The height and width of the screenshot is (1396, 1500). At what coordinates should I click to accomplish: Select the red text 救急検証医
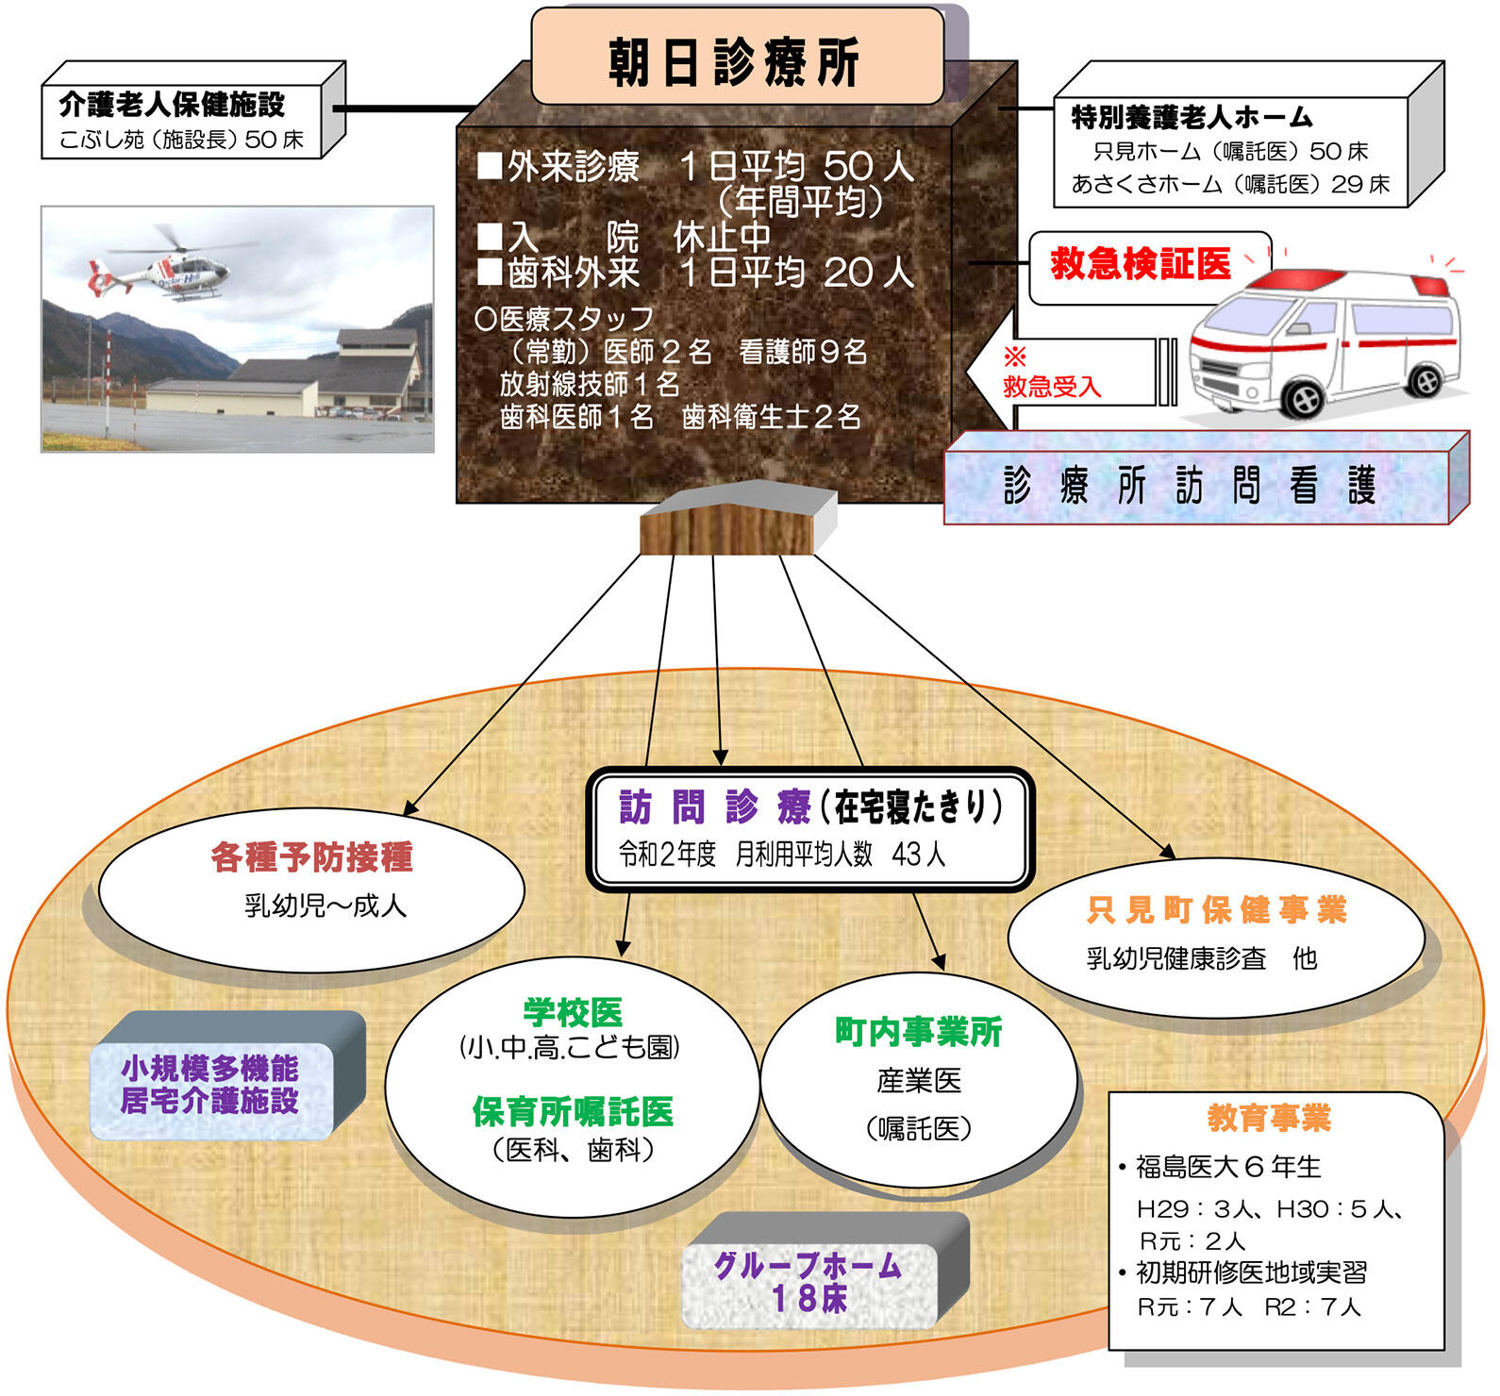[1141, 263]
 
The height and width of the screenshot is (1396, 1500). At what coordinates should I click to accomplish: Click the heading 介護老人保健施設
[172, 104]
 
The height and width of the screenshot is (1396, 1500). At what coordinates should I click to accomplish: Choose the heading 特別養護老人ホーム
[1192, 117]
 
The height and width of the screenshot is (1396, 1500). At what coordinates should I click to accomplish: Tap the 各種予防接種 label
[312, 856]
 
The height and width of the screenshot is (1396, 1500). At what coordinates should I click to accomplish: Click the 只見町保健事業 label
[1216, 909]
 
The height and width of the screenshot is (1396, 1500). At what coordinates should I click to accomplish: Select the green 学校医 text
[573, 1012]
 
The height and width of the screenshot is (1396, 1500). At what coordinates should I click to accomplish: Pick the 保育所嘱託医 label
[573, 1111]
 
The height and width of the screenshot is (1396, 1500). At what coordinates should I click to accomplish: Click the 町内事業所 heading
[919, 1032]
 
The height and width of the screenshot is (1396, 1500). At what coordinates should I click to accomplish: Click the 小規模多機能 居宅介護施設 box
[210, 1086]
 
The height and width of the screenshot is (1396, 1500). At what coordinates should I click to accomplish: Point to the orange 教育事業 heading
[1269, 1118]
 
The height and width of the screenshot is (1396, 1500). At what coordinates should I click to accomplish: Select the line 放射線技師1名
[590, 384]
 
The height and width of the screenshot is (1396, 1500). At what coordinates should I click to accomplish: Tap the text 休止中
[723, 236]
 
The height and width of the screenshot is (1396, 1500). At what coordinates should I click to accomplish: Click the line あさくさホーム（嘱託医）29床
[1230, 184]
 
